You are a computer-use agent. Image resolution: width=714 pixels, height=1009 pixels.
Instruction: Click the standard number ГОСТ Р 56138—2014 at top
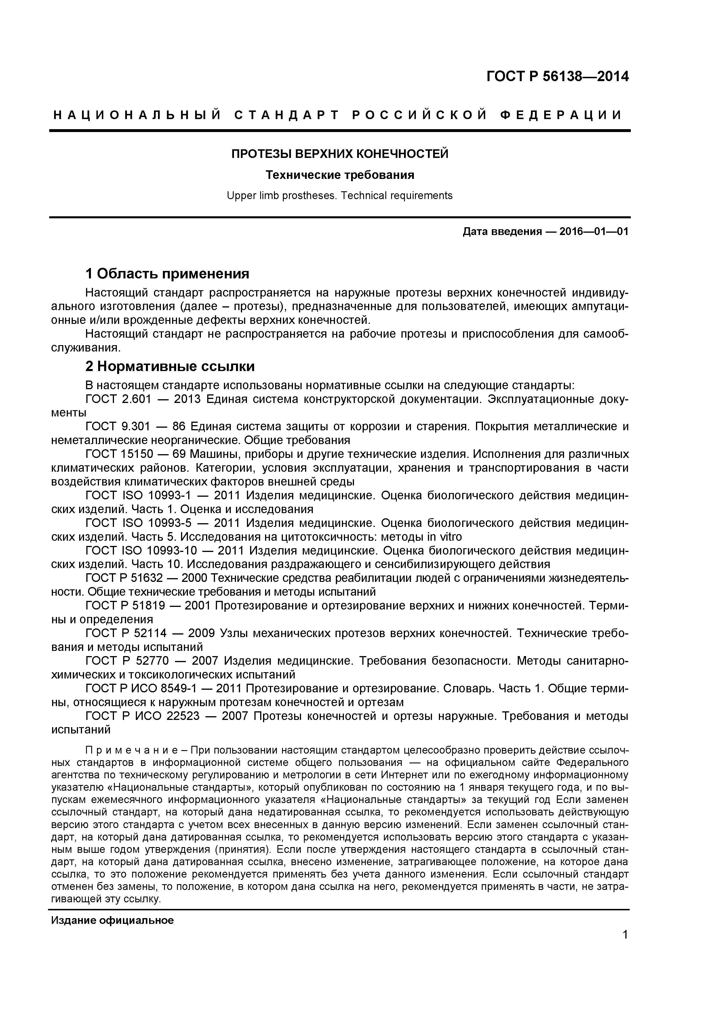[x=557, y=77]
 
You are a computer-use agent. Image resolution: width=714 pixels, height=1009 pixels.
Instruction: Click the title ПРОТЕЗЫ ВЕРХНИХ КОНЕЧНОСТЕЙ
[x=340, y=154]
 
